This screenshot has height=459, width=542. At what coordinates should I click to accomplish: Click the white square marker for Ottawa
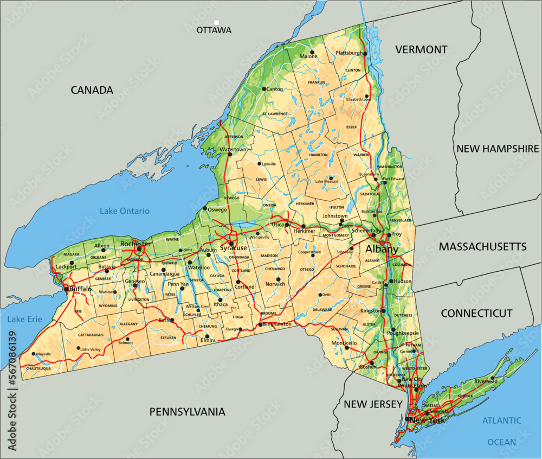click(216, 22)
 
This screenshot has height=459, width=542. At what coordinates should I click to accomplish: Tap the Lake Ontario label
click(124, 211)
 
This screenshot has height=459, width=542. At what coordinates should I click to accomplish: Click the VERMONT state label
click(421, 50)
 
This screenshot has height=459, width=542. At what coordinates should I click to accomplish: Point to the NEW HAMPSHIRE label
click(498, 149)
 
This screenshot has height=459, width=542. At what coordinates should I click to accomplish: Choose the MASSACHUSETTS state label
click(482, 247)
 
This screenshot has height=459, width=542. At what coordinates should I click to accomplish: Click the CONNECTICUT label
click(476, 314)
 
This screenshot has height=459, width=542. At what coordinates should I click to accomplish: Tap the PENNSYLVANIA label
click(187, 412)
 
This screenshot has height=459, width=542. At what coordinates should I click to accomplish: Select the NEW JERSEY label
click(373, 404)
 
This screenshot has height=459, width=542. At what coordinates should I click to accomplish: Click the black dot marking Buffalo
click(67, 289)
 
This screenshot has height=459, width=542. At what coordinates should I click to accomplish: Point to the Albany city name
click(382, 249)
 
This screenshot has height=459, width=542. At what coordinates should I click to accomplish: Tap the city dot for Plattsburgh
click(365, 54)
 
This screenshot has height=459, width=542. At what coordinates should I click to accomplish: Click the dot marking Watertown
click(230, 154)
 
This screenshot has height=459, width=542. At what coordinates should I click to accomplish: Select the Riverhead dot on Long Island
click(493, 378)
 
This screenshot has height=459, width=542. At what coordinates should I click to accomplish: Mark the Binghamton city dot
click(260, 324)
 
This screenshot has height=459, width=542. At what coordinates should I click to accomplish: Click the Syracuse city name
click(233, 248)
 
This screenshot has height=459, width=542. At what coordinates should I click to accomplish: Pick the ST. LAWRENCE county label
click(274, 114)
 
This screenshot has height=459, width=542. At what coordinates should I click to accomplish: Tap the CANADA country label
click(92, 90)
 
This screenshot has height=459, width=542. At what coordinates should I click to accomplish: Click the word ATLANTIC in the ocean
click(501, 420)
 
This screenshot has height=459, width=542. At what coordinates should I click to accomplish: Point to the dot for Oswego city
click(204, 208)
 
